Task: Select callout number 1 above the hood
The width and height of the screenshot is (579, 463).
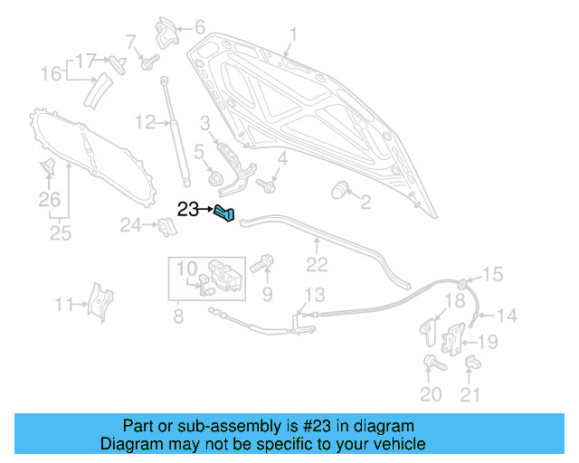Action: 292,36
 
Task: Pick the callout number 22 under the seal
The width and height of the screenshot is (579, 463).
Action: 316,264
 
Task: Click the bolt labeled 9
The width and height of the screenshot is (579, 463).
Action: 262,266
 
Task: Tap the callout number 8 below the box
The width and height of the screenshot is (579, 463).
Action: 177,316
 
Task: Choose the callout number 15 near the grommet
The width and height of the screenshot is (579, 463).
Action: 491,275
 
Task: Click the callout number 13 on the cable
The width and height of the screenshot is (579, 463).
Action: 313,295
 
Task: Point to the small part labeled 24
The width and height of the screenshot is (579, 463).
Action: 165,226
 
